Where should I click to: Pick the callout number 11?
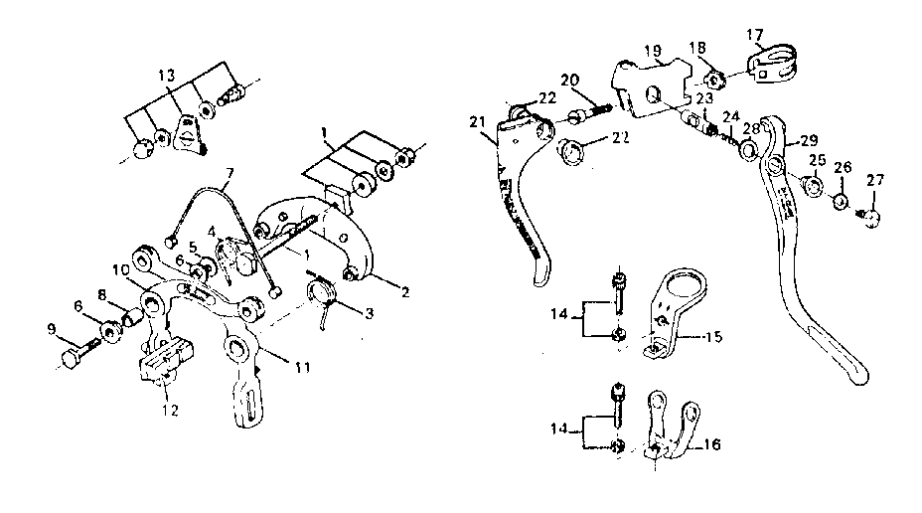303,368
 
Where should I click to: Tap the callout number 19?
652,50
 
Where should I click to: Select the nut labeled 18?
712,78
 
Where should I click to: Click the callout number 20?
569,80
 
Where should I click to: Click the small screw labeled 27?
872,219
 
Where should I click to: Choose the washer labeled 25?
811,186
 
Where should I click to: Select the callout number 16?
711,444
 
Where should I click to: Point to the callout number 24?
731,115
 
